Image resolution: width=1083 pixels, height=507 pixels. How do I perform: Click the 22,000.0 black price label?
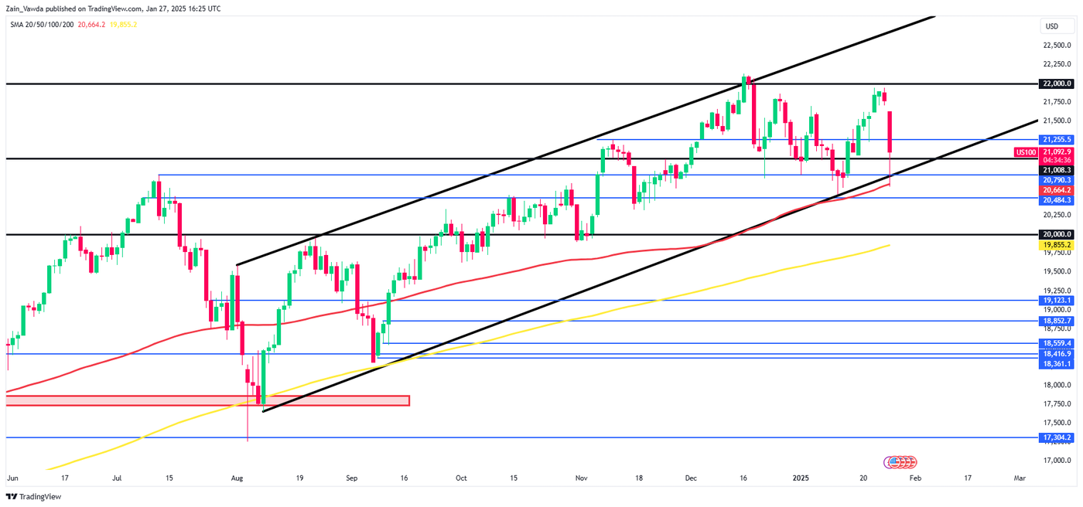[x=1057, y=83]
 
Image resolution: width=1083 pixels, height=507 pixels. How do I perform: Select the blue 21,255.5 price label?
[x=1057, y=139]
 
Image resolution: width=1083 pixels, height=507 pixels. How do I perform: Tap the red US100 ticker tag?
[x=1025, y=152]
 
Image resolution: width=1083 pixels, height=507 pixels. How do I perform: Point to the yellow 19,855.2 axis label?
[x=1057, y=244]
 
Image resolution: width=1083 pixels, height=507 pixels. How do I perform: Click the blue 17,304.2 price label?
[x=1057, y=437]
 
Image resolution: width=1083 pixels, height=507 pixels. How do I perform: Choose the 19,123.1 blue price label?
[x=1057, y=300]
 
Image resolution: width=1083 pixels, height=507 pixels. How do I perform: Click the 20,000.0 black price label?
[x=1057, y=234]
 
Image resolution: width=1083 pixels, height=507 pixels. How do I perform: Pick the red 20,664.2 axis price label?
[x=1057, y=189]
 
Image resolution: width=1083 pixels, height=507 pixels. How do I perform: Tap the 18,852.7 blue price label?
[x=1057, y=321]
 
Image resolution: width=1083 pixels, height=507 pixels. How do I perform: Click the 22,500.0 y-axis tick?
[x=1057, y=45]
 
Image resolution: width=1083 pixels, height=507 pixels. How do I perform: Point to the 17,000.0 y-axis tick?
[x=1057, y=461]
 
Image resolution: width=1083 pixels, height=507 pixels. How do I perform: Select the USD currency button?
[x=1051, y=26]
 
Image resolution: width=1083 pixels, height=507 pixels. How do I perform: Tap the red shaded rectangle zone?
[x=207, y=400]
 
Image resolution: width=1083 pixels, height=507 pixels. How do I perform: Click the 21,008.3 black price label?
[x=1057, y=169]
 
